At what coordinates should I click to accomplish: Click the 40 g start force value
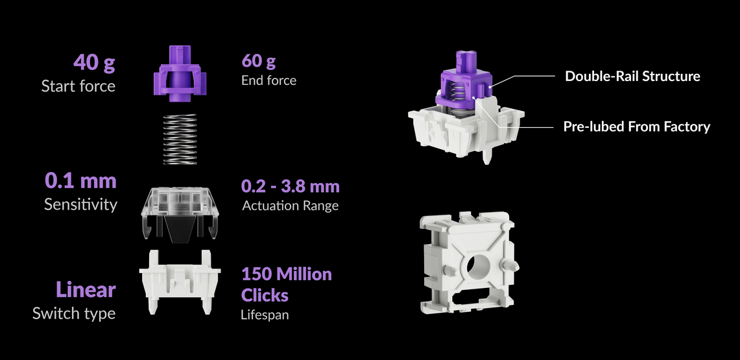94,62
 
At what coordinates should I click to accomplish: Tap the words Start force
78,86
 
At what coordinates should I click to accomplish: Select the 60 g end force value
258,61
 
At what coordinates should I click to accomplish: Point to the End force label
269,80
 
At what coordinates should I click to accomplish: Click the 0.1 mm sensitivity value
80,180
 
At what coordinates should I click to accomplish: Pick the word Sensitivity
80,204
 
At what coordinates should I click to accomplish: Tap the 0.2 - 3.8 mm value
291,186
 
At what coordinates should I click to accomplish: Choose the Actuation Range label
291,206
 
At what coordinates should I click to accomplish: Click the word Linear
86,290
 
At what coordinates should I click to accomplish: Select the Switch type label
74,313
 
